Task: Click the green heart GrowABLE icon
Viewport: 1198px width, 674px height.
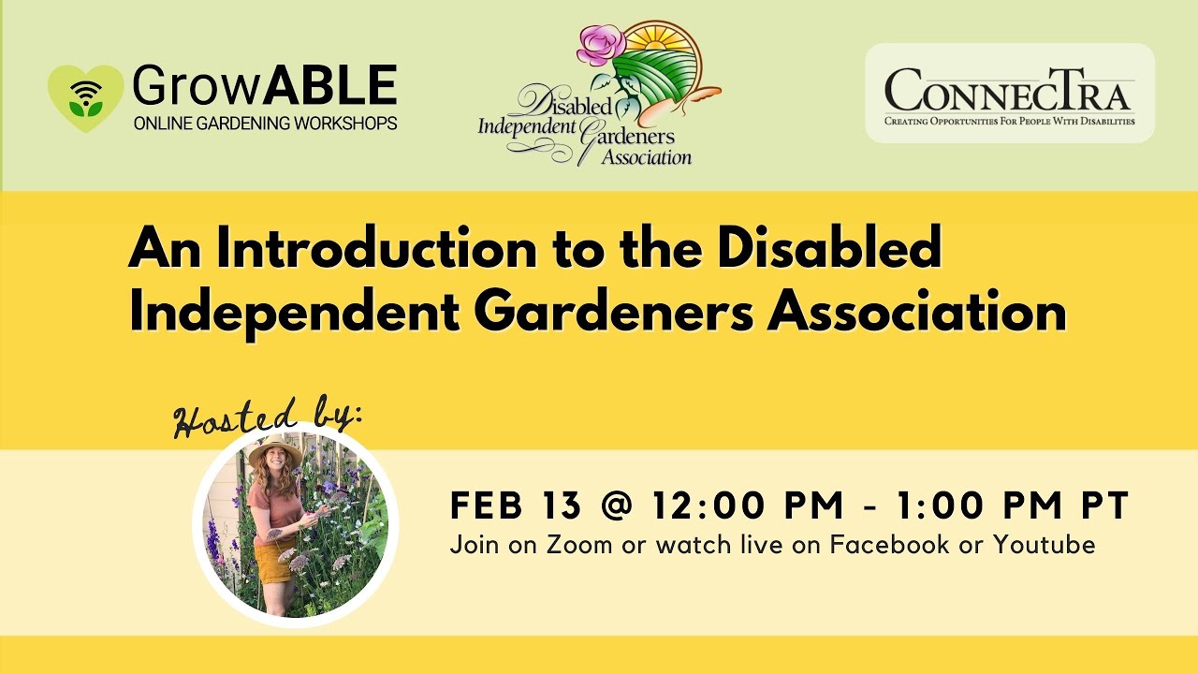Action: coord(85,97)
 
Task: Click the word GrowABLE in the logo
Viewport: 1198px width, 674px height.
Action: coord(265,87)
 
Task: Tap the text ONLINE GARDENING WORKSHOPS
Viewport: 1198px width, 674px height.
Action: coord(265,124)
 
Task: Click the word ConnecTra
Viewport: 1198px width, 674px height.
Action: coord(1009,92)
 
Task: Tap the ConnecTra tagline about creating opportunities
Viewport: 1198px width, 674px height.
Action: coord(1009,122)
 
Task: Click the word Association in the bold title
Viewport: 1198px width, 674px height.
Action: coord(916,313)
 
